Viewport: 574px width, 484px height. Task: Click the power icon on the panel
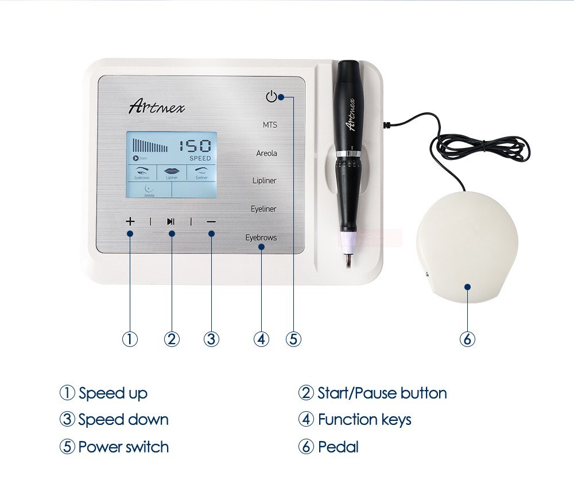pos(271,96)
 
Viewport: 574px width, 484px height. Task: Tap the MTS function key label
pos(269,124)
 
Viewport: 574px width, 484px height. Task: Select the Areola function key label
pos(266,153)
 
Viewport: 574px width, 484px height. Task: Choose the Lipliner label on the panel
pos(264,181)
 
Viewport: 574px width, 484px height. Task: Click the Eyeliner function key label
pos(263,209)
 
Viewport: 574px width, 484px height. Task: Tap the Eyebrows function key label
pos(261,237)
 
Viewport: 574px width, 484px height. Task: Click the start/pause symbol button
pos(171,221)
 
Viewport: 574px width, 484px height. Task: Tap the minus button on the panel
pos(211,221)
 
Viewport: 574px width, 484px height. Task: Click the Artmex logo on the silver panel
pos(157,106)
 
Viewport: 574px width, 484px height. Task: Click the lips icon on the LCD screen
pos(172,170)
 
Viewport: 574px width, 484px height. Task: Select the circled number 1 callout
pos(130,339)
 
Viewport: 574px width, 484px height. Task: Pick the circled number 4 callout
pos(261,339)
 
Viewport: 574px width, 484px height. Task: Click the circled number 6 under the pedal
pos(467,339)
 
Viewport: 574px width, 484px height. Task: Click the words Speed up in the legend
pos(113,393)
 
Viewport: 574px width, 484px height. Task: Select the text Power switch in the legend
pos(123,447)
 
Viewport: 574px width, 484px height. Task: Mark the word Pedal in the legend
pos(338,447)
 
